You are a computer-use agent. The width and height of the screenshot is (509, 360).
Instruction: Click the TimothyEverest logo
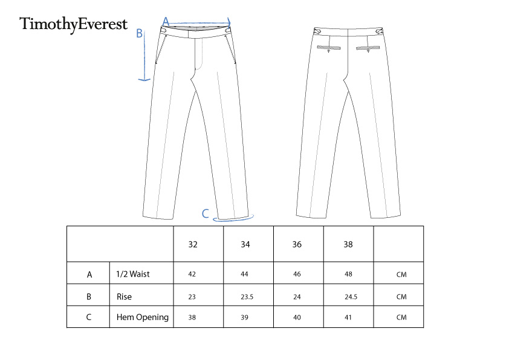click(73, 24)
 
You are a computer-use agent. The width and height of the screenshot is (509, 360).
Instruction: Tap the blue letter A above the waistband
click(166, 22)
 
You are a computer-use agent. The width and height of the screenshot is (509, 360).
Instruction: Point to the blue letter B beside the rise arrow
click(139, 33)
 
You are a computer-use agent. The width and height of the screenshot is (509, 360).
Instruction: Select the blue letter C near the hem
click(205, 214)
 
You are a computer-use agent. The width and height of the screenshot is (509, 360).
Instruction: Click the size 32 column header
click(193, 244)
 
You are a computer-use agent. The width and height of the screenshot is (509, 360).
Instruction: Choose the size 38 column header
click(348, 244)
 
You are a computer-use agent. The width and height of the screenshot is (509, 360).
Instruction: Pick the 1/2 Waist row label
click(133, 274)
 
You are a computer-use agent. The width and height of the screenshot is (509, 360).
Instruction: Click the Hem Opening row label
click(143, 317)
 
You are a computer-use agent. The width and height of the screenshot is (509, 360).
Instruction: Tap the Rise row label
click(124, 296)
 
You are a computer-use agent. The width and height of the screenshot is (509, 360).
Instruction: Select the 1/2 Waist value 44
click(244, 274)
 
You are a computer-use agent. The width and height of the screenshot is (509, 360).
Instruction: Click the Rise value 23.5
click(247, 297)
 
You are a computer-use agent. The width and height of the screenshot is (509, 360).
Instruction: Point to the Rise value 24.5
click(351, 297)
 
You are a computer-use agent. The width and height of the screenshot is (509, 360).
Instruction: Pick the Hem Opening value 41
click(348, 318)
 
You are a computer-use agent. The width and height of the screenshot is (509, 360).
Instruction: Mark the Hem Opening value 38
click(192, 318)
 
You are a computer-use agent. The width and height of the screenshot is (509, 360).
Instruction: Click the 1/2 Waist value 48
click(348, 274)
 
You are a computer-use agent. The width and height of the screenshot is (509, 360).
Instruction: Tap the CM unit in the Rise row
click(401, 297)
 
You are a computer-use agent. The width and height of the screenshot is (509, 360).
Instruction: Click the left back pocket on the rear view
click(329, 48)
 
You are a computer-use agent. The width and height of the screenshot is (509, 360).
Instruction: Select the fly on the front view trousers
click(198, 54)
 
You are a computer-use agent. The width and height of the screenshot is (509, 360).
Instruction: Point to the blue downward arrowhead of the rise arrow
click(144, 79)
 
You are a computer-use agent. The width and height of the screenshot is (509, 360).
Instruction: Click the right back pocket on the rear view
click(368, 48)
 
